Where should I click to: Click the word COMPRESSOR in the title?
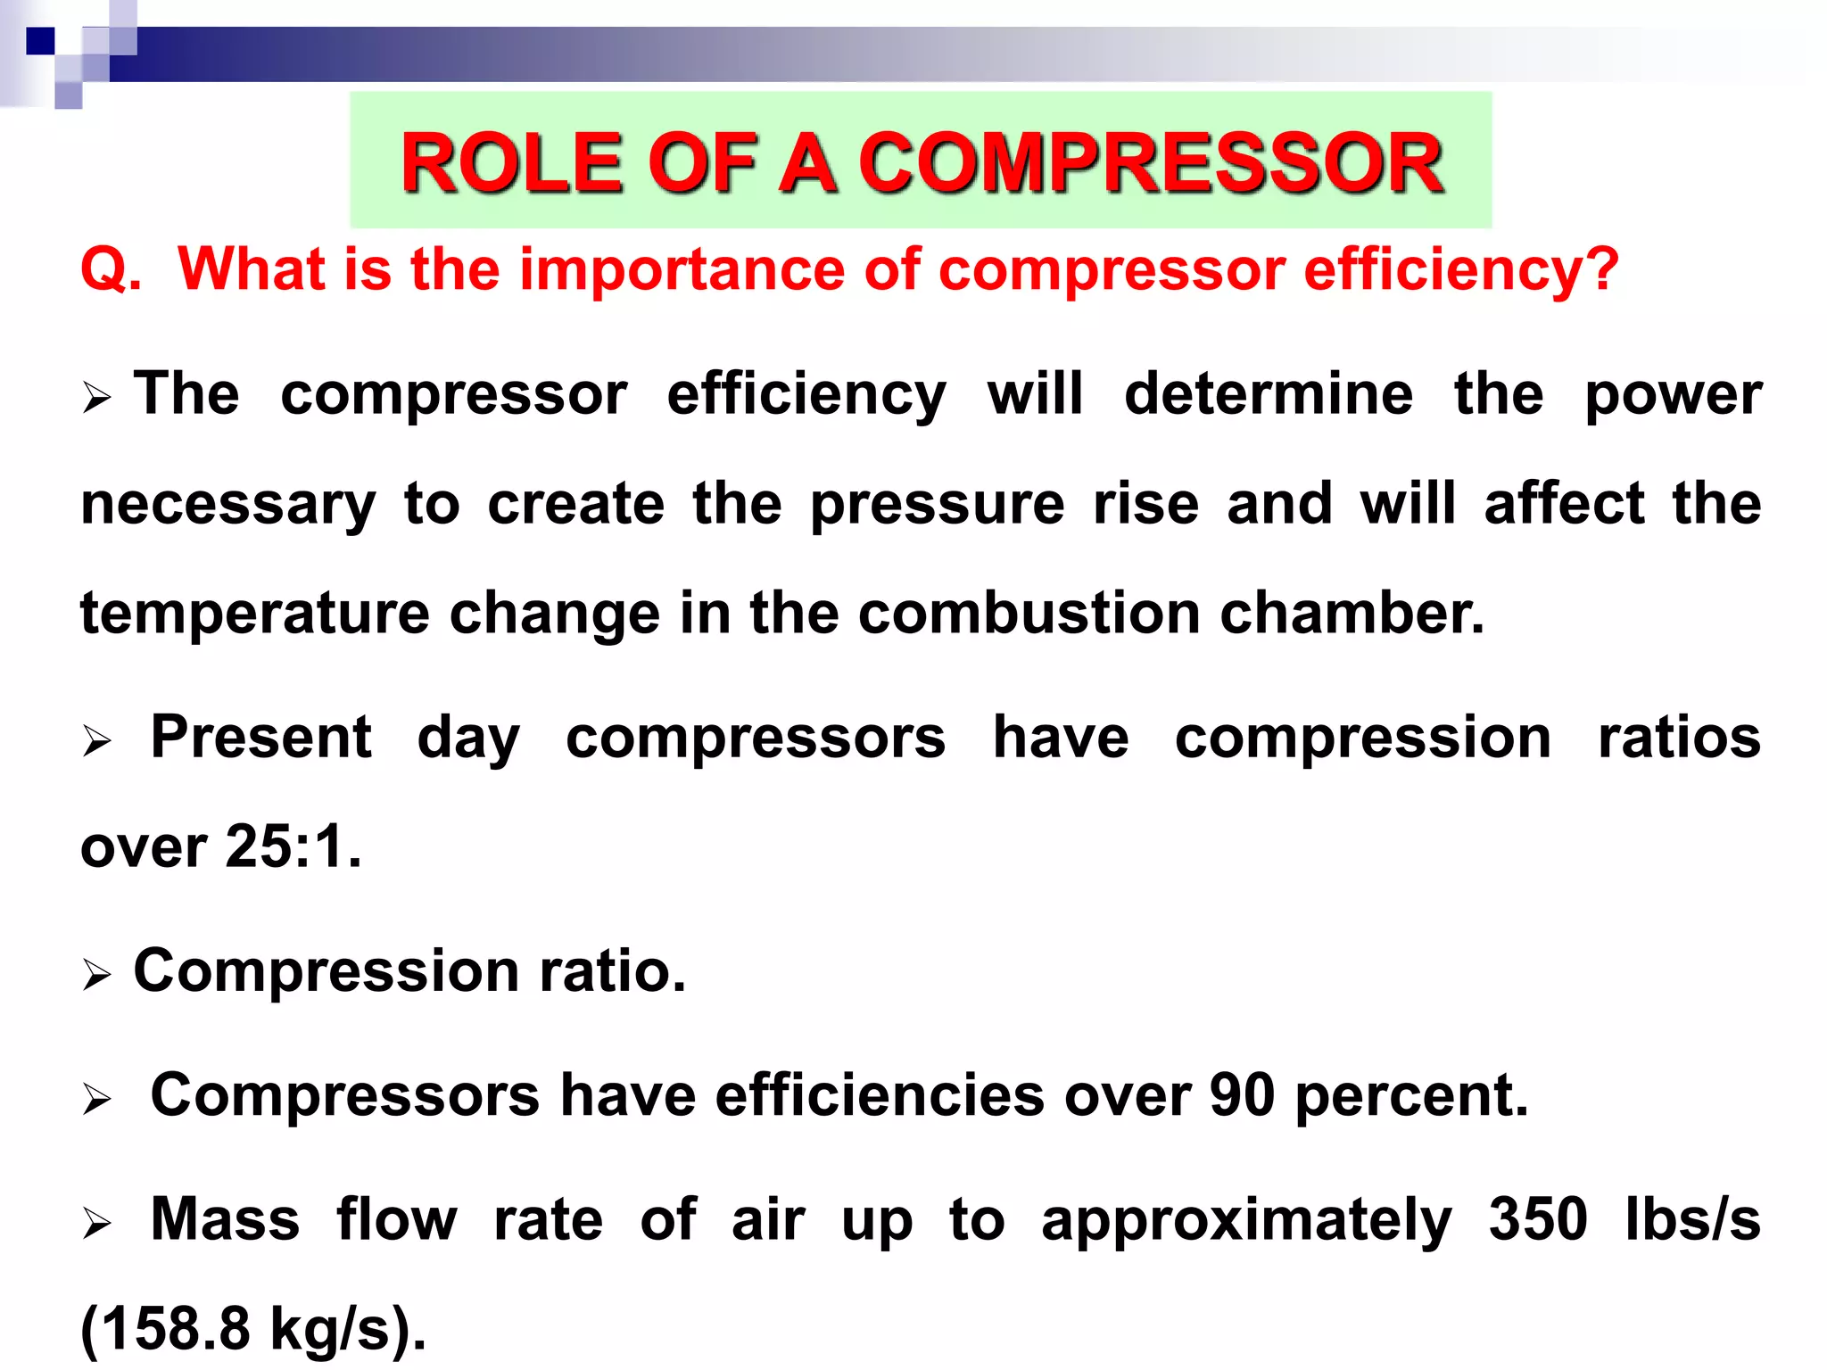click(x=1150, y=163)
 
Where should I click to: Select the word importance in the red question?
click(x=682, y=268)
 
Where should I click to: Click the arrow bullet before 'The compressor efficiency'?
click(x=96, y=398)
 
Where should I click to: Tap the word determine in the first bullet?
click(x=1268, y=393)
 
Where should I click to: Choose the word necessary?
click(x=228, y=505)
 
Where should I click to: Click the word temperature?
click(x=255, y=614)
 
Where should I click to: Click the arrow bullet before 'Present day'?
click(x=96, y=740)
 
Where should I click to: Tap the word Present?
click(x=260, y=738)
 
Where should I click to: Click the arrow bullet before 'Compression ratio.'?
click(x=96, y=974)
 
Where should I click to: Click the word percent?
click(x=1411, y=1097)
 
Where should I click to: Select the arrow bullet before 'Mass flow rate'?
click(x=96, y=1222)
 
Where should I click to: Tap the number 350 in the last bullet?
click(x=1538, y=1219)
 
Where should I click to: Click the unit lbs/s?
click(x=1693, y=1219)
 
